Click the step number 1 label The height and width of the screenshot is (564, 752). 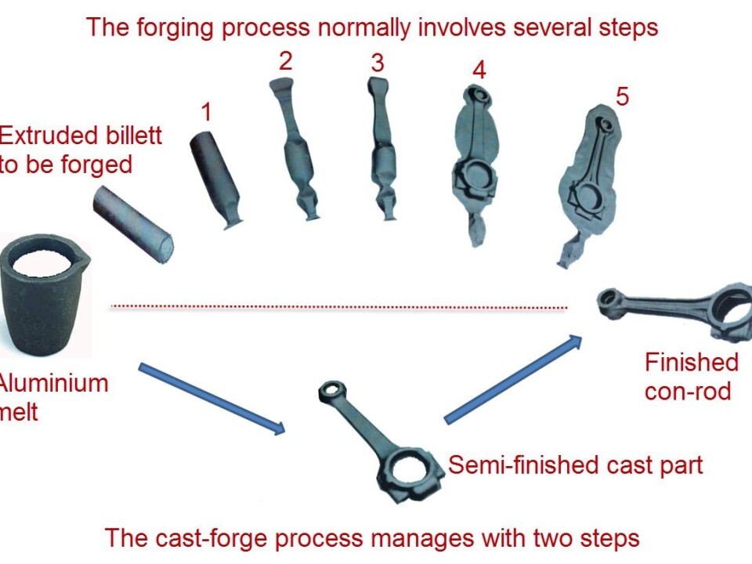tap(206, 112)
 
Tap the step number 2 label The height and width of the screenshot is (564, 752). tap(285, 61)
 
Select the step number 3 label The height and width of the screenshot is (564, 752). tap(378, 63)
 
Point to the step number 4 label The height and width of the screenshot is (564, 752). tap(479, 70)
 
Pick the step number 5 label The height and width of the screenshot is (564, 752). tap(622, 97)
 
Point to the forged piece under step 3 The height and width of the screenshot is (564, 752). tap(381, 149)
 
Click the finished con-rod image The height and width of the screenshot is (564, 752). tap(674, 309)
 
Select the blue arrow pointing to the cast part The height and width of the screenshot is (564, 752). tap(211, 398)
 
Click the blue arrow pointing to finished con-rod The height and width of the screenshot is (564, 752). tap(514, 381)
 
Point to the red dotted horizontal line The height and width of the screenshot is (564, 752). tap(337, 306)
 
